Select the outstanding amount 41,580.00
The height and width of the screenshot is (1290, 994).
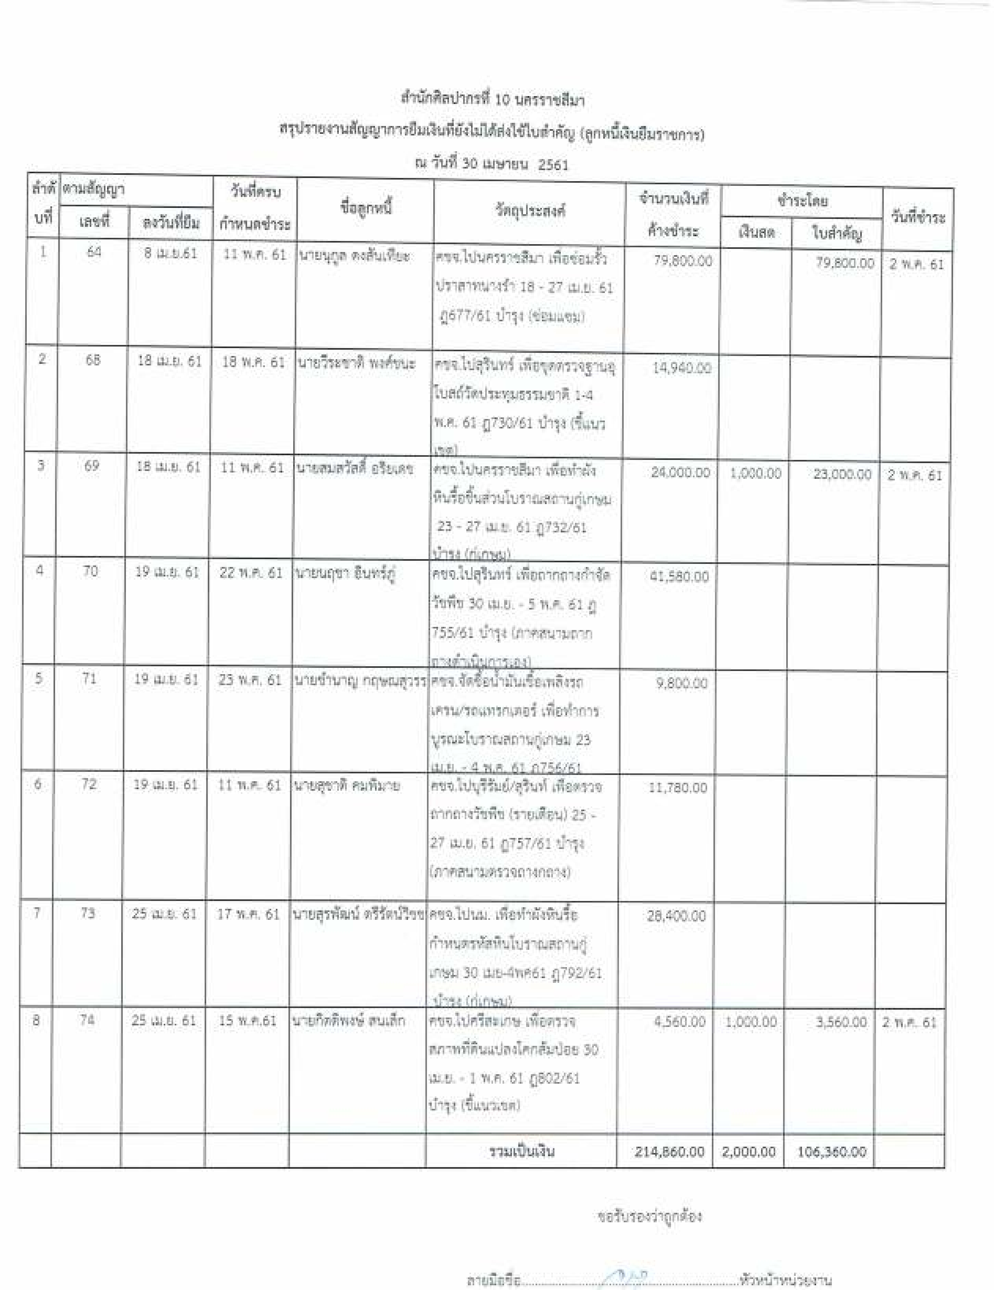coord(679,576)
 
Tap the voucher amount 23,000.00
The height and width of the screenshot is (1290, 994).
coord(842,474)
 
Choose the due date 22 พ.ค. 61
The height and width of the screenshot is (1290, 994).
coord(251,573)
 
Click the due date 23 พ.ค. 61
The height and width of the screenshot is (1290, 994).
coord(249,679)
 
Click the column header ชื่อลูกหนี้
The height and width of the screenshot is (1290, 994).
coord(366,208)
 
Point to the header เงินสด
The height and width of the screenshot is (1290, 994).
coord(756,232)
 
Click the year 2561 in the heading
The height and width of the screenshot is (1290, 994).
coord(553,165)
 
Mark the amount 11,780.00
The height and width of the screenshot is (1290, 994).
coord(678,788)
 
